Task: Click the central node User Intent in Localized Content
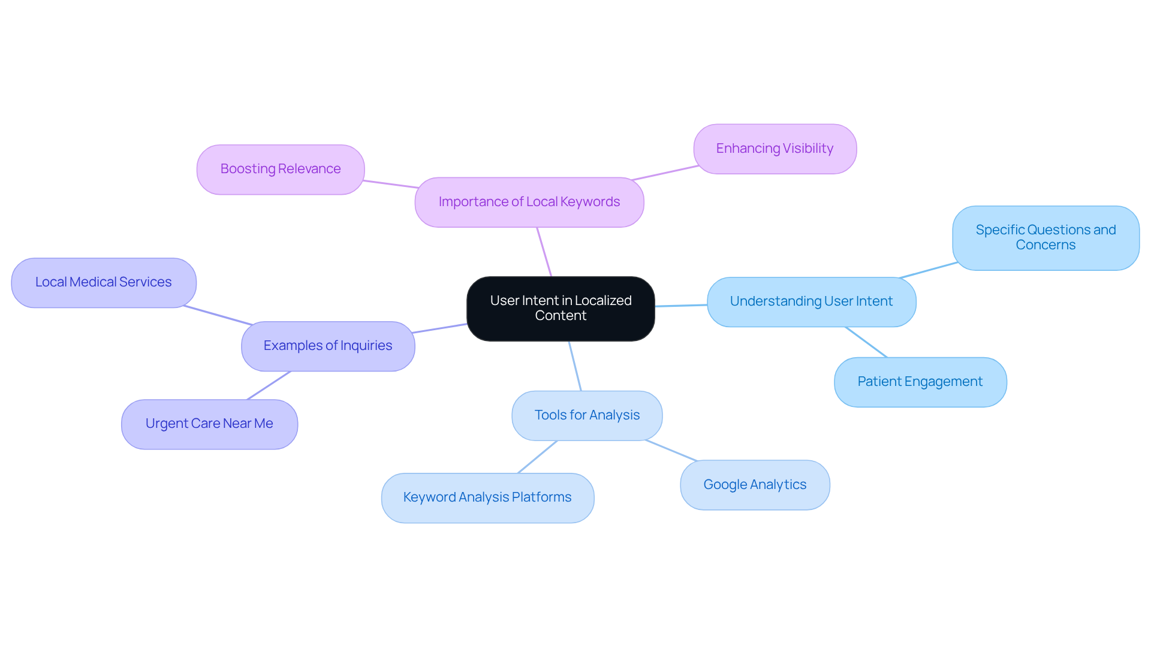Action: (x=561, y=309)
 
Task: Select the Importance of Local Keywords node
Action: (x=529, y=202)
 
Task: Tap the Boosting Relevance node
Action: (x=281, y=170)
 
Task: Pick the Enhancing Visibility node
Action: (x=775, y=149)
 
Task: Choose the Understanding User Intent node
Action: (x=811, y=301)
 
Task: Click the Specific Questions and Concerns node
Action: (x=1045, y=238)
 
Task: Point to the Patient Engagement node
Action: (x=920, y=382)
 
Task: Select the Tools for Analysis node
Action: (x=587, y=415)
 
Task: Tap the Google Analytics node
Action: (x=755, y=485)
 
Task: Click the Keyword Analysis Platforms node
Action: (x=487, y=497)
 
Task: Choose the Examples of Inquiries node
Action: (x=328, y=346)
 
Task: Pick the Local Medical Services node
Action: (x=104, y=282)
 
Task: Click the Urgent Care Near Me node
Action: (x=209, y=424)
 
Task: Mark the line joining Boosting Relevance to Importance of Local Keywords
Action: (x=390, y=184)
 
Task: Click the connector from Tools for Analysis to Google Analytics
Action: (x=671, y=451)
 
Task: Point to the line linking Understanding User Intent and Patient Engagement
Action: (x=866, y=342)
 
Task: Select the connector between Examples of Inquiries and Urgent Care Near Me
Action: (x=269, y=385)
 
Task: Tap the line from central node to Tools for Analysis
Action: (x=575, y=366)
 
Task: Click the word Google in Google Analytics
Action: (x=725, y=485)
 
